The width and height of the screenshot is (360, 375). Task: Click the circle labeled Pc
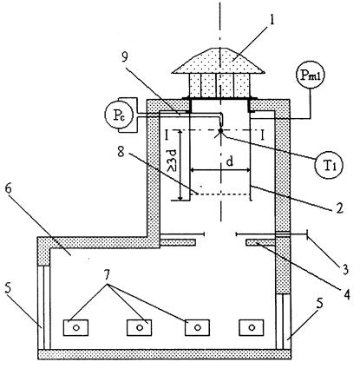119,115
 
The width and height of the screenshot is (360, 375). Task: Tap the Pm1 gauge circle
311,75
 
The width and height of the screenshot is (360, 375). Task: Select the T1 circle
329,165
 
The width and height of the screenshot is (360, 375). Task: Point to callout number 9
125,56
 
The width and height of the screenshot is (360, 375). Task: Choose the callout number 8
121,151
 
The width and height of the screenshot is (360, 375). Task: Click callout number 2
339,207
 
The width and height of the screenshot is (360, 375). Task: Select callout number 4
347,293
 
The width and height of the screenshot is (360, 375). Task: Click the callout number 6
9,188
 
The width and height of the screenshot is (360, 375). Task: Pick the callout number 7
107,275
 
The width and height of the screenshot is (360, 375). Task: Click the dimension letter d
230,161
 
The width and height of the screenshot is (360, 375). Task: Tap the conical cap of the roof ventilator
218,61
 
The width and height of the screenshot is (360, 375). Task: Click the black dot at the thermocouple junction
220,131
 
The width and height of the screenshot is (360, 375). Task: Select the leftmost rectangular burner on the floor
75,327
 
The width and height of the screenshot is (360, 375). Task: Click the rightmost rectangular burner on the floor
252,327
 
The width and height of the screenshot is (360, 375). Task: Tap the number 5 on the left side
10,290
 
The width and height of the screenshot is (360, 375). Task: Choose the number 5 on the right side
320,305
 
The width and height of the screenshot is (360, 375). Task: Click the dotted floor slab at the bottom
164,354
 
